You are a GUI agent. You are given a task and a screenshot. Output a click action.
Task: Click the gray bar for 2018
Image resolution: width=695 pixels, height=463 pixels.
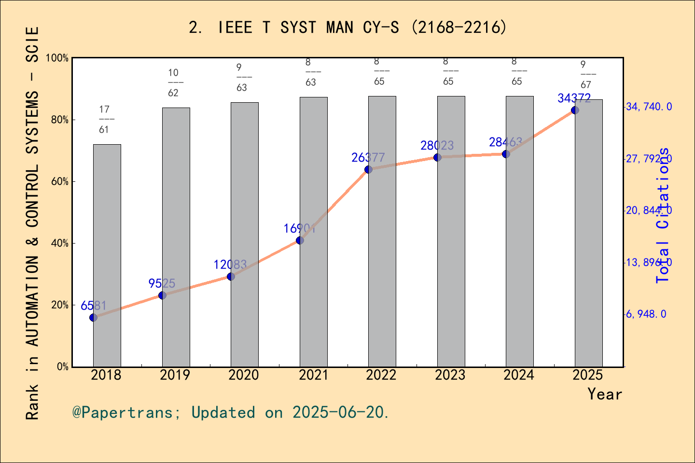[x=107, y=256]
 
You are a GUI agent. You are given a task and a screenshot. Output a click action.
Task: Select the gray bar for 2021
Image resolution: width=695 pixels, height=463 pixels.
[x=313, y=231]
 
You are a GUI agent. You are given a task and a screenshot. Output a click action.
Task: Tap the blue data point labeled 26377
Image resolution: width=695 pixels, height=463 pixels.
[x=368, y=169]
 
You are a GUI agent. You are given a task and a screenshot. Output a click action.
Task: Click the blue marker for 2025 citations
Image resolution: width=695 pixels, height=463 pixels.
[x=575, y=110]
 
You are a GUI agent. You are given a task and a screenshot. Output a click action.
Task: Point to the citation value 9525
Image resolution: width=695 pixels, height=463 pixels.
[x=162, y=283]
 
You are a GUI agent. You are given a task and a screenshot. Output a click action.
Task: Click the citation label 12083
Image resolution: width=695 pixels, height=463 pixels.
[x=230, y=264]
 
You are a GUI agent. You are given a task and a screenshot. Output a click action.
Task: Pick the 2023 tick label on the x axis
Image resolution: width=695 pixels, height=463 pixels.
[x=450, y=375]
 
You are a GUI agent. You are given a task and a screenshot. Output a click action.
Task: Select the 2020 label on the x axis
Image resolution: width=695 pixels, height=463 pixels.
[x=244, y=375]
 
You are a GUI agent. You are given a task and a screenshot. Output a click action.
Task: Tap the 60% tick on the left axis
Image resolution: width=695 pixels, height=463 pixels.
[x=60, y=182]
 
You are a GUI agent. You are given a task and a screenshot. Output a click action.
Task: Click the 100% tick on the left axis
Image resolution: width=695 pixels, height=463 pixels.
[x=57, y=58]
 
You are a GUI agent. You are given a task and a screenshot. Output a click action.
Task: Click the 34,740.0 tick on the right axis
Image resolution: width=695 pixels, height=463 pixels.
[x=648, y=107]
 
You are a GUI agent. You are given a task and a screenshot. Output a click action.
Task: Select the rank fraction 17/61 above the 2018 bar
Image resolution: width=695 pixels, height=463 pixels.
[x=104, y=120]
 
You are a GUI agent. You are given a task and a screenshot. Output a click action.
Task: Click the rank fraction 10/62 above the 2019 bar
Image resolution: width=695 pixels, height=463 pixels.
[x=173, y=82]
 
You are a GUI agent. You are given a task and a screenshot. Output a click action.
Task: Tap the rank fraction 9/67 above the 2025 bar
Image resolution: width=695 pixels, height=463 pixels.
[x=585, y=75]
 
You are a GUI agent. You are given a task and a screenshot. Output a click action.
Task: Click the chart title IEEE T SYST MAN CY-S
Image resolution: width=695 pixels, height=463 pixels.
[x=347, y=27]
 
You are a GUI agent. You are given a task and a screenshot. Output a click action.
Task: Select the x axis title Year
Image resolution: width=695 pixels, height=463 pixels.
[x=604, y=394]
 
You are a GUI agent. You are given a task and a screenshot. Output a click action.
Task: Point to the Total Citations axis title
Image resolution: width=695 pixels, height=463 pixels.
[x=663, y=215]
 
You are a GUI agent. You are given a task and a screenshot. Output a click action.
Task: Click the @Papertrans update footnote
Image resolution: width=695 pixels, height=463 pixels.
[x=231, y=412]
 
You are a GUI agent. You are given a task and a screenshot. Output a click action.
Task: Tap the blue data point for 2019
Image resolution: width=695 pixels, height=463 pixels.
[x=162, y=295]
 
